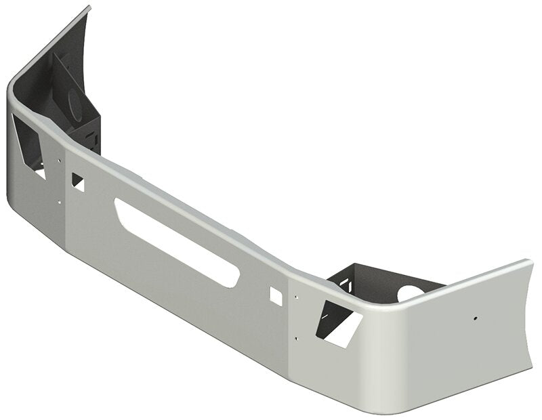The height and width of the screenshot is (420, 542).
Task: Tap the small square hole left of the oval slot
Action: point(78,182)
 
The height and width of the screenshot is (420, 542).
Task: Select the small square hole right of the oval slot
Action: point(276,295)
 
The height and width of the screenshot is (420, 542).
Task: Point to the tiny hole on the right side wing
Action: point(476,317)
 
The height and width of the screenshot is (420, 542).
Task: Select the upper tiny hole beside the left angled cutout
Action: point(59,161)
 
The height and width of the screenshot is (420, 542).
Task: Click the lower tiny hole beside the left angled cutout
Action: point(59,201)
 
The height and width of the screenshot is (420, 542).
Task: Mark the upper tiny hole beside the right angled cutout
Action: point(296,295)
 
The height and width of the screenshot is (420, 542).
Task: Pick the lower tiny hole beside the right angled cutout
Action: point(296,337)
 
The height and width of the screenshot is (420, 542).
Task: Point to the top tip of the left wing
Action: point(89,7)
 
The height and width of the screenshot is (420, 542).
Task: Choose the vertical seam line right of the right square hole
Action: point(289,318)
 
